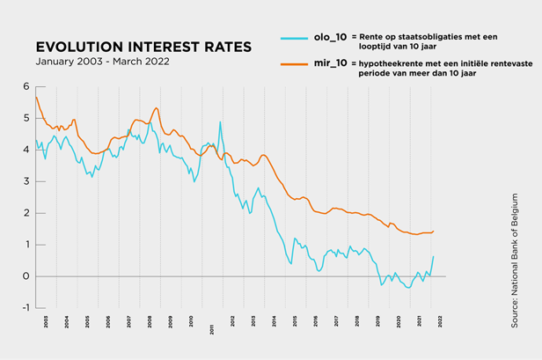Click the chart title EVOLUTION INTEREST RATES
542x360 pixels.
(x=143, y=47)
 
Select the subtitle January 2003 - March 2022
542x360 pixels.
(x=102, y=62)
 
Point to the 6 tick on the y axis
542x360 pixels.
(x=26, y=86)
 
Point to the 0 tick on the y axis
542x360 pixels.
(x=26, y=276)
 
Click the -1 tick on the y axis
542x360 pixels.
(x=25, y=308)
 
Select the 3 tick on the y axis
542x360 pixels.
(x=26, y=181)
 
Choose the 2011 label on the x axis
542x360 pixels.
(x=212, y=327)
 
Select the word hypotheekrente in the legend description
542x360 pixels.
(x=390, y=64)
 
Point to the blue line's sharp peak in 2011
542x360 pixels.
(x=220, y=121)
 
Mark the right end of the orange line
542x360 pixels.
(x=434, y=231)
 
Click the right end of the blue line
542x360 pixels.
(x=434, y=256)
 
